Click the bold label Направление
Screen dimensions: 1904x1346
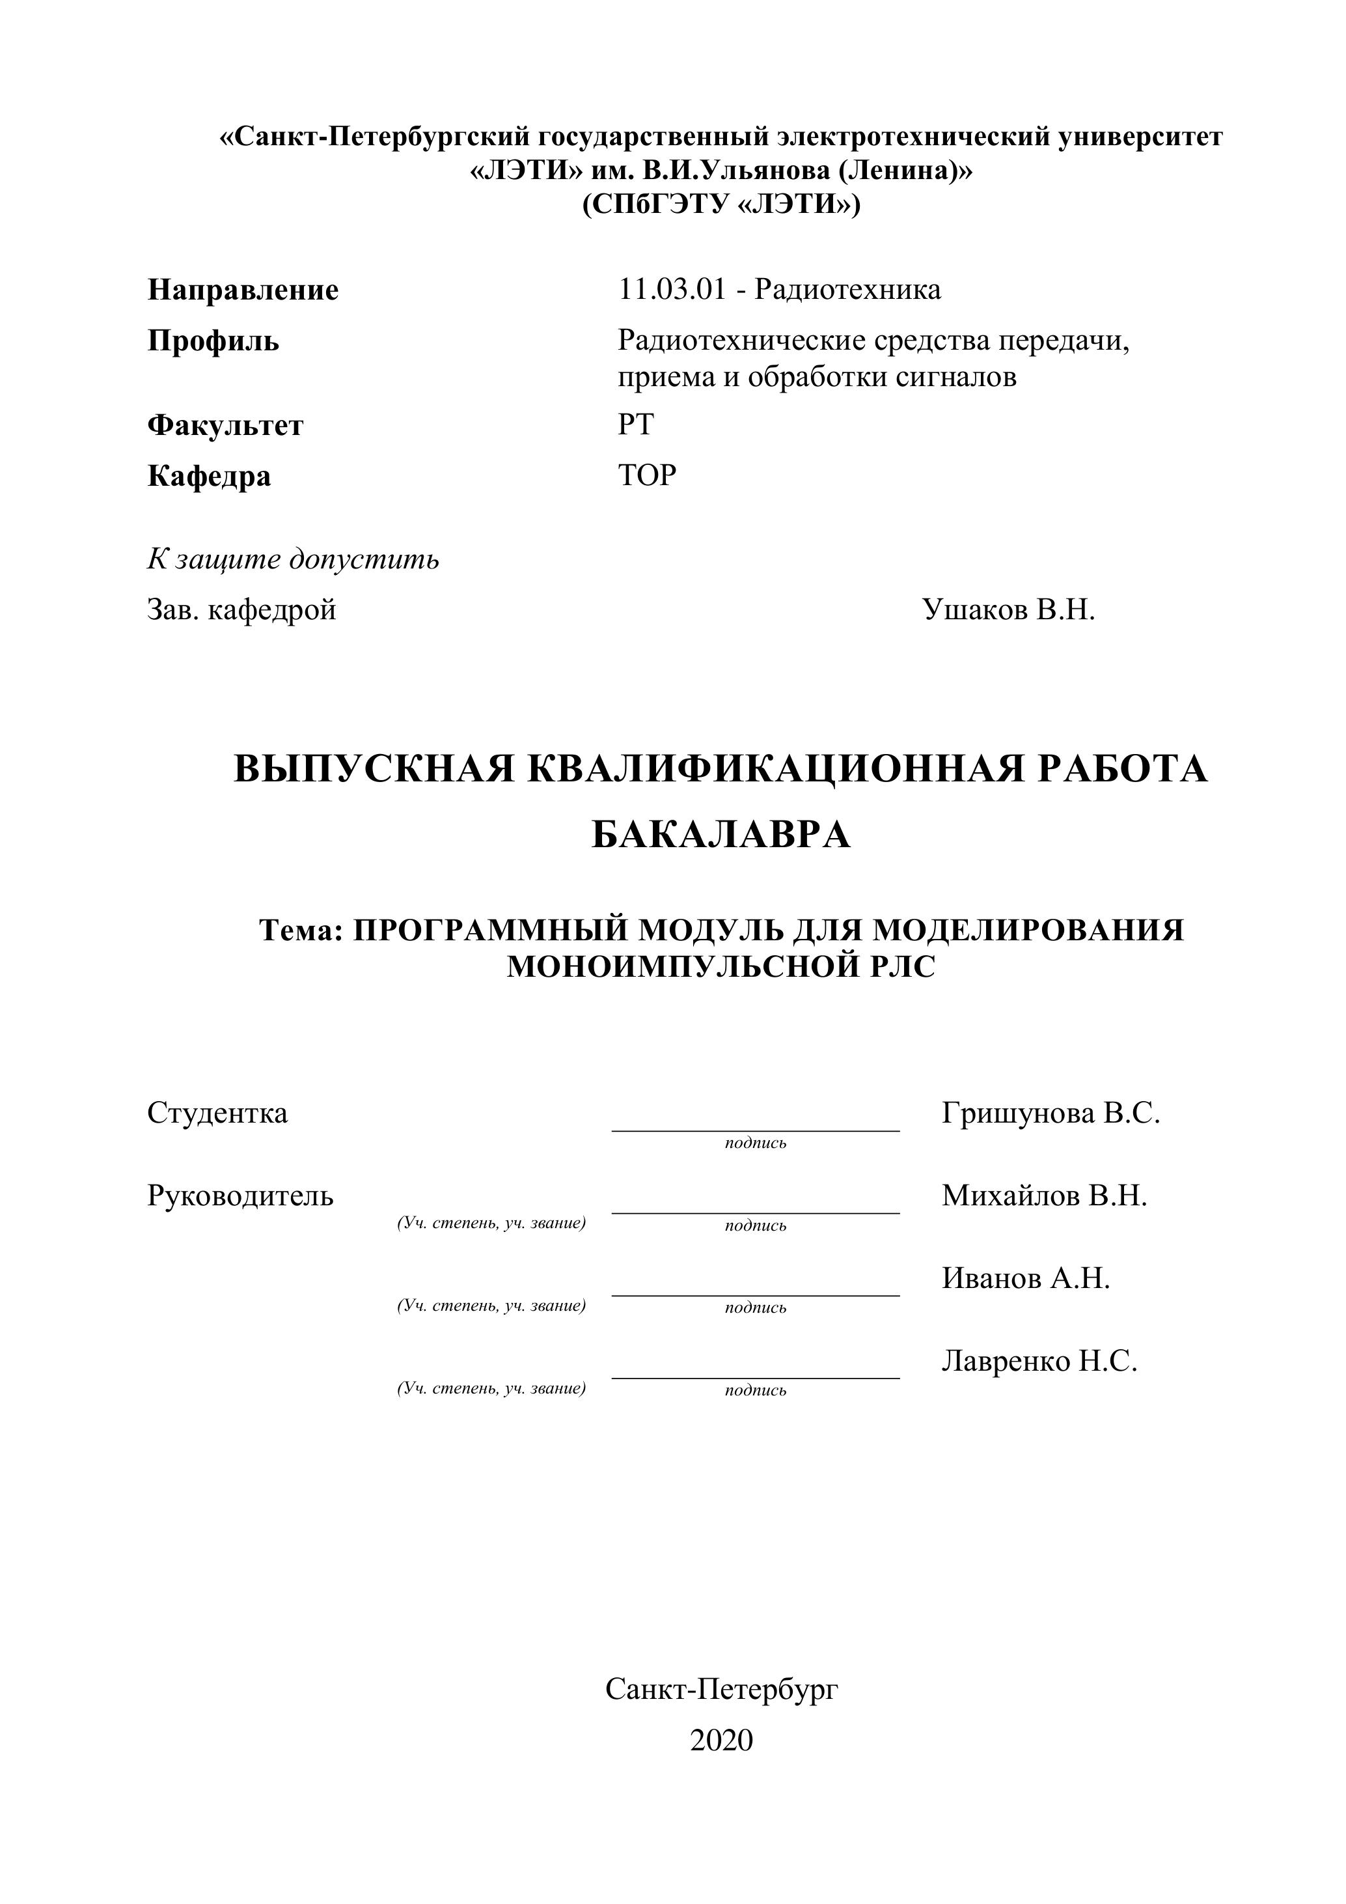pyautogui.click(x=243, y=290)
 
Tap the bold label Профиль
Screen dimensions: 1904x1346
pyautogui.click(x=213, y=341)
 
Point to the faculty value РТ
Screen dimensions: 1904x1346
pyautogui.click(x=636, y=425)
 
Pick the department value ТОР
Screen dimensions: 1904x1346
pyautogui.click(x=648, y=475)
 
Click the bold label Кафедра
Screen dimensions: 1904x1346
pyautogui.click(x=209, y=476)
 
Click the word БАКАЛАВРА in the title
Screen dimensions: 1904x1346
pyautogui.click(x=721, y=834)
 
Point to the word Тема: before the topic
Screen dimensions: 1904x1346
pyautogui.click(x=301, y=931)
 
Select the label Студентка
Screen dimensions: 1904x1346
pyautogui.click(x=217, y=1113)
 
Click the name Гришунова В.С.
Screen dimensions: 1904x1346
pyautogui.click(x=1050, y=1113)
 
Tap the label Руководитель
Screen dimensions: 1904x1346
pyautogui.click(x=240, y=1196)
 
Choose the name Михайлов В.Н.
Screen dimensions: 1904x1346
pyautogui.click(x=1043, y=1196)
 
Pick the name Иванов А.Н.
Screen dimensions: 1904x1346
pyautogui.click(x=1025, y=1279)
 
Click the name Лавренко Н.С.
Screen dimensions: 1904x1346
pyautogui.click(x=1039, y=1361)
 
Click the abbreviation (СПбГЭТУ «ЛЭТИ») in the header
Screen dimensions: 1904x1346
pyautogui.click(x=721, y=204)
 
